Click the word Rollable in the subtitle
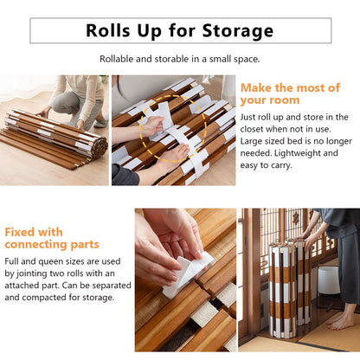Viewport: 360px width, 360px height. point(118,59)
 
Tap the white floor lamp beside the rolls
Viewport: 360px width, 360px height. point(327,280)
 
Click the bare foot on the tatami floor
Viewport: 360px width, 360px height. point(341,322)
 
